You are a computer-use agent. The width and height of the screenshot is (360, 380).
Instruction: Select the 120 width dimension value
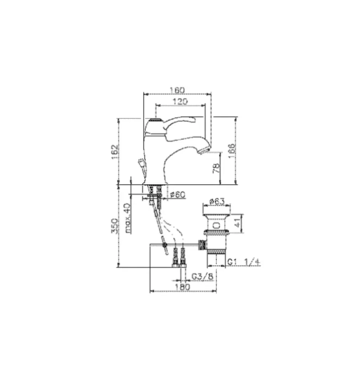pos(180,101)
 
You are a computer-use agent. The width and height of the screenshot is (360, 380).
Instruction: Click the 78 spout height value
pos(217,168)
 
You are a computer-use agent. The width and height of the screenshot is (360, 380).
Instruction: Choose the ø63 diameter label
pos(217,201)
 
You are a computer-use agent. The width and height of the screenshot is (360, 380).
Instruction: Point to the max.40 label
pos(126,218)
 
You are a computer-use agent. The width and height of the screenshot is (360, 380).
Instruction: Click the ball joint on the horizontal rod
pos(165,246)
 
